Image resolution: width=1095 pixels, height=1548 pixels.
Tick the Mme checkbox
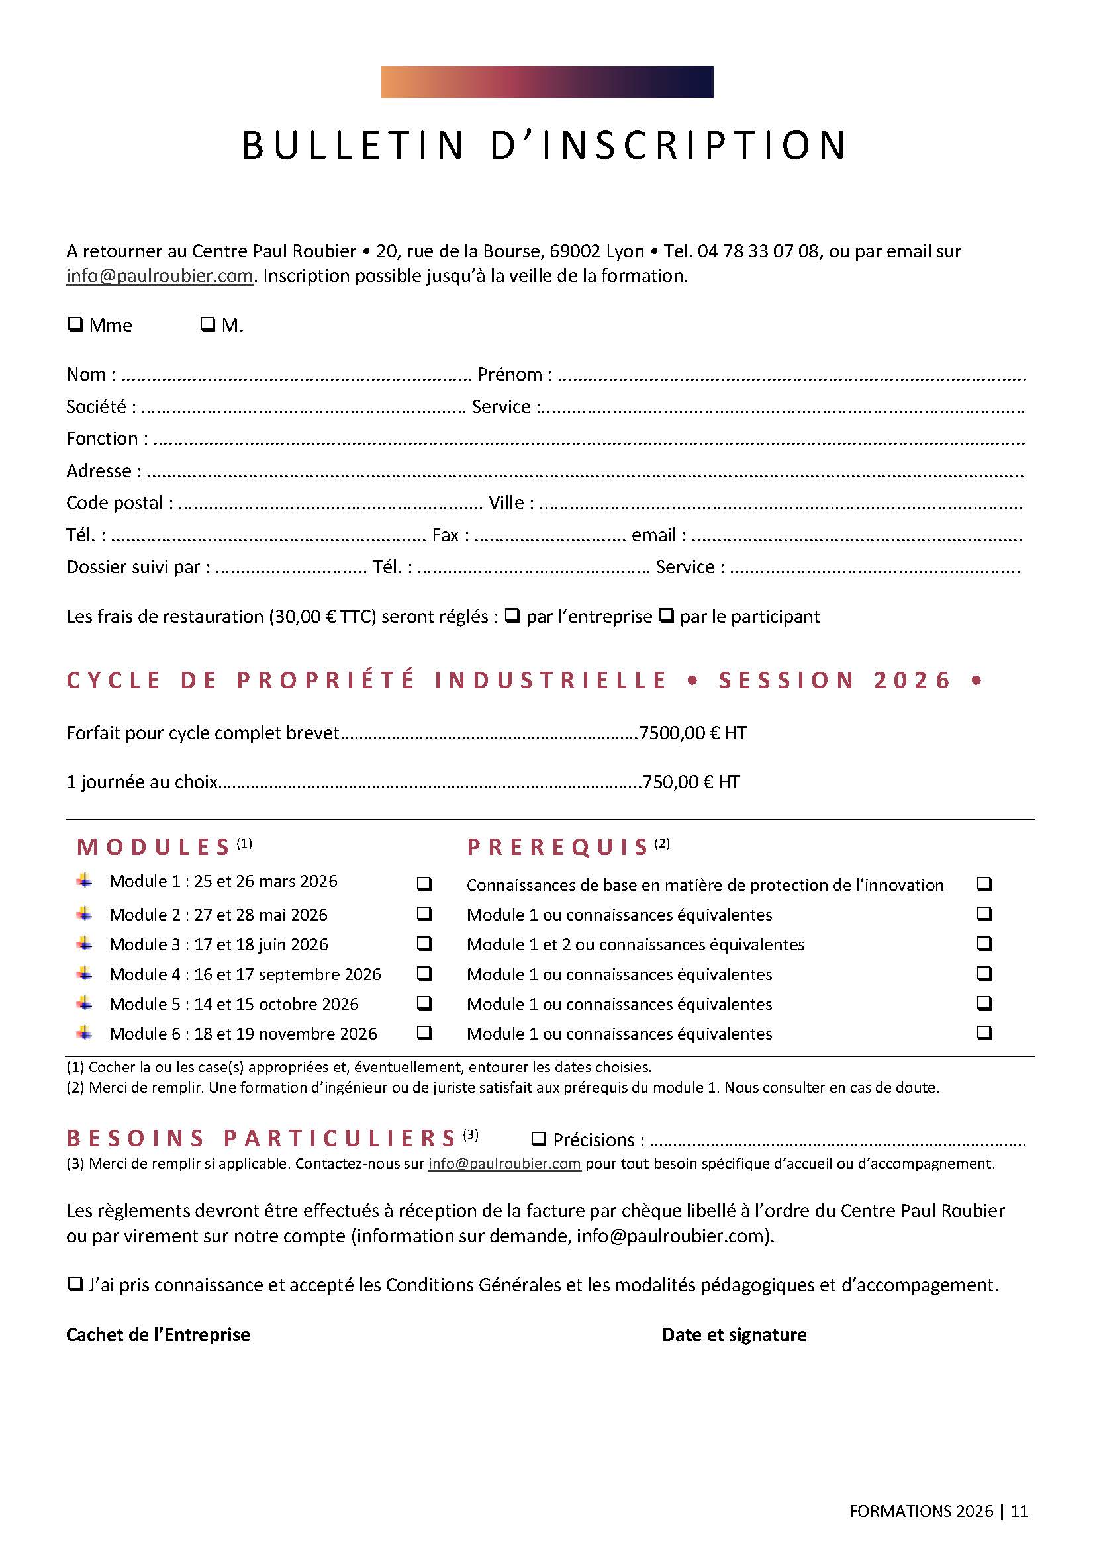point(75,324)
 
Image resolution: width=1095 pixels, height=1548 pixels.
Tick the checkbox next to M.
point(208,324)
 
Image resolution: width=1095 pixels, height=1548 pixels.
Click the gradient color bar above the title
point(547,81)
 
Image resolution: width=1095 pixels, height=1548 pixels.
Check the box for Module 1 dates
point(424,884)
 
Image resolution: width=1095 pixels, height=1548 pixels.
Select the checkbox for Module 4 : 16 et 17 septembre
point(424,973)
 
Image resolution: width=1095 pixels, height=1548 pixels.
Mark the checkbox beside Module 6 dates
point(424,1032)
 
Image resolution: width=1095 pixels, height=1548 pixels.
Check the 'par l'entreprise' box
point(512,615)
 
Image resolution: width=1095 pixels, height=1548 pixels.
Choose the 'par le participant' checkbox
point(666,615)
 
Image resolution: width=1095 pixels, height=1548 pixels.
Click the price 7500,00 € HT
point(692,733)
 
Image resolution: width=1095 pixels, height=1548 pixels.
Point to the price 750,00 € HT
point(691,782)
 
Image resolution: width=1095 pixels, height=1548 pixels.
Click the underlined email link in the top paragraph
point(159,276)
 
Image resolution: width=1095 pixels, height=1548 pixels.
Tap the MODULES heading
point(155,847)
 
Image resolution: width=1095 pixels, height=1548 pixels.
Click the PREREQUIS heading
point(558,847)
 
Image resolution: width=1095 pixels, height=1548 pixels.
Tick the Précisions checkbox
point(538,1139)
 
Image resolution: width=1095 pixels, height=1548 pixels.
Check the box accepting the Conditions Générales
point(75,1284)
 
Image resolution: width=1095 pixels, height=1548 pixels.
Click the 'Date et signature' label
point(734,1334)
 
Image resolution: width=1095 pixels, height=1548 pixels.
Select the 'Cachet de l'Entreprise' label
point(158,1334)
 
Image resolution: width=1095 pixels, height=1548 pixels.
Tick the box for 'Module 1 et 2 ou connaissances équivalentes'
point(984,943)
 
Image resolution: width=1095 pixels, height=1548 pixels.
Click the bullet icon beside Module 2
point(84,913)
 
